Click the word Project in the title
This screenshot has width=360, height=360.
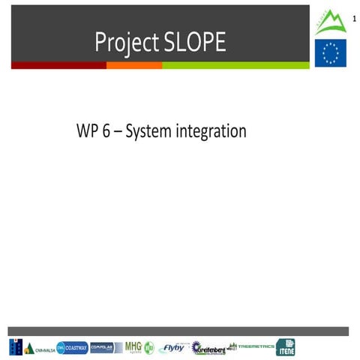coord(124,43)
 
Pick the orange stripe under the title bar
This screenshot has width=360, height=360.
coord(134,65)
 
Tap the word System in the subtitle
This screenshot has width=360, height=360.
coord(147,133)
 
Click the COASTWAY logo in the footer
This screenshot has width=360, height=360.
coord(72,348)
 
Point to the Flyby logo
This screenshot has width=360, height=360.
coord(172,348)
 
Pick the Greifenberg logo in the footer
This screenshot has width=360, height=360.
coord(208,348)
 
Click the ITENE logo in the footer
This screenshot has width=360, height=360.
coord(286,347)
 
